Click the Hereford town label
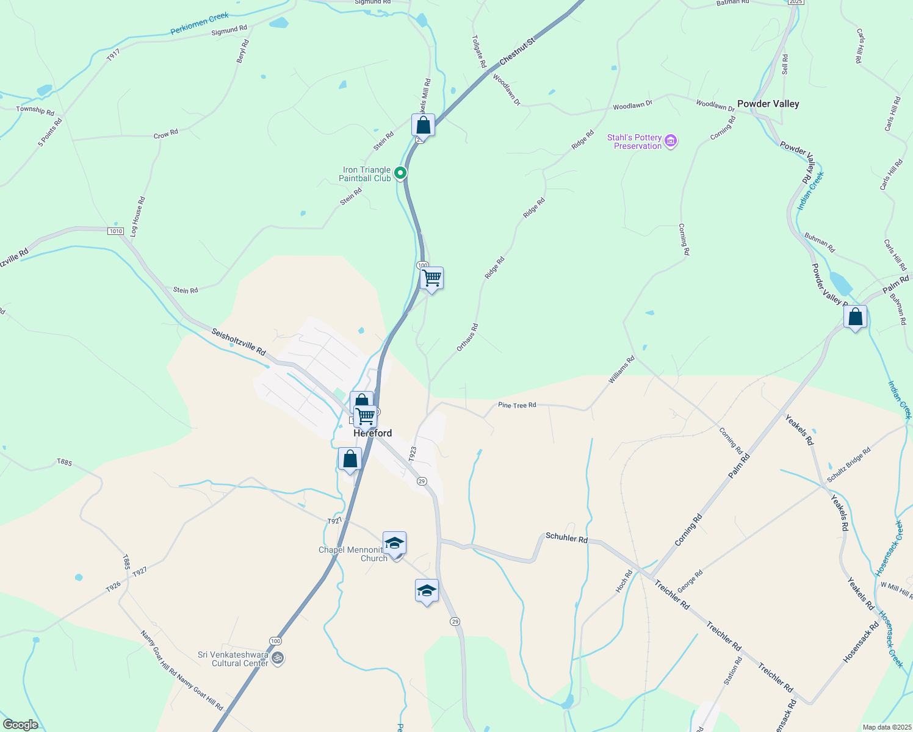pos(373,434)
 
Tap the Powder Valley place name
pos(768,104)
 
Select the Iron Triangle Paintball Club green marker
pos(400,173)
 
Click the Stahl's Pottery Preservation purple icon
pos(671,142)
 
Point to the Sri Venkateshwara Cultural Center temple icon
pos(278,658)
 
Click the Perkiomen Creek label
pos(200,24)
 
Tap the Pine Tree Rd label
pos(517,405)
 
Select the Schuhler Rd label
pos(566,537)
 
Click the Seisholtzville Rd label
pos(239,342)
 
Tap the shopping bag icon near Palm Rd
pos(855,317)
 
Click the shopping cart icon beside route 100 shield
pos(431,279)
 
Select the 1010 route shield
pos(115,231)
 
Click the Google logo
pos(20,725)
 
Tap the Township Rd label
pos(35,111)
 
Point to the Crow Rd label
pos(165,134)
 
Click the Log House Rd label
pos(137,217)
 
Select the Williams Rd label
pos(621,370)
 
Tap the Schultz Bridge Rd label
pos(849,465)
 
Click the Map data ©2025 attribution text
pos(886,727)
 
